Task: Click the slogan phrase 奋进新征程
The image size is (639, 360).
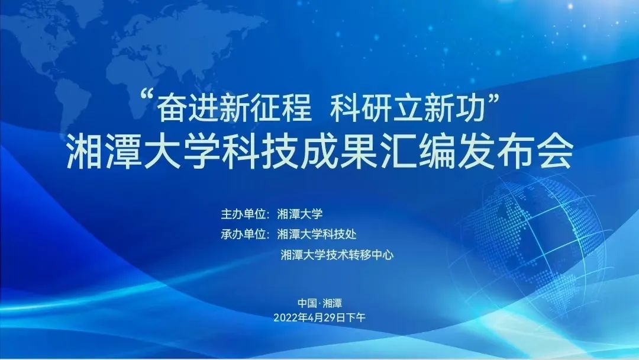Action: (234, 109)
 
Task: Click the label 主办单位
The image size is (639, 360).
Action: (243, 214)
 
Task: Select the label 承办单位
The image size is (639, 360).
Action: (243, 234)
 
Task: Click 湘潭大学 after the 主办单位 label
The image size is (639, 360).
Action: (300, 214)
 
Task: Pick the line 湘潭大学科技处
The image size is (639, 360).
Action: (317, 234)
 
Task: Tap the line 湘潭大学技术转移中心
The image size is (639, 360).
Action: (337, 255)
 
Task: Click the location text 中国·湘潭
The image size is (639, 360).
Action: (320, 303)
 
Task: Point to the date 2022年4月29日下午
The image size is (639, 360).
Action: (319, 317)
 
